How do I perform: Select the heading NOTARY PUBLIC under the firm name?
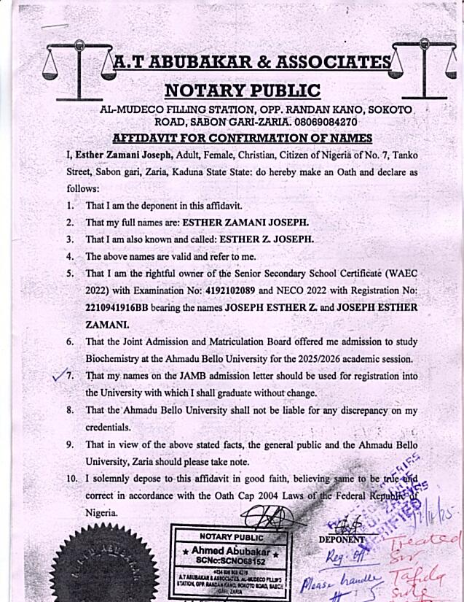pyautogui.click(x=242, y=90)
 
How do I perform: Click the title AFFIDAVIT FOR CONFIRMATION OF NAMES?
pyautogui.click(x=243, y=138)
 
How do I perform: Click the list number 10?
pyautogui.click(x=71, y=478)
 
